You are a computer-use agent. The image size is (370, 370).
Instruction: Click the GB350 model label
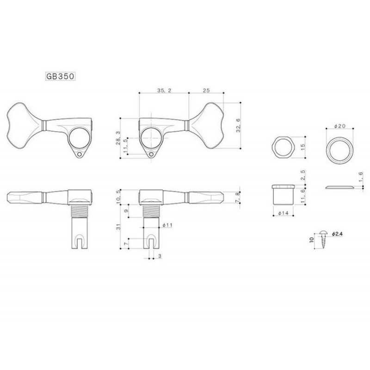coord(60,76)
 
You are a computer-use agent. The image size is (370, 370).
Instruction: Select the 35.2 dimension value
coord(164,90)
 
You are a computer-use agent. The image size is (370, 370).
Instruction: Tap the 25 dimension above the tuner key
coord(206,90)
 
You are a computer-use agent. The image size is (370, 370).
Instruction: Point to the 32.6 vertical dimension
coord(238,125)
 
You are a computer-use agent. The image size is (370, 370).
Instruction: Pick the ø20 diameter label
coord(340,126)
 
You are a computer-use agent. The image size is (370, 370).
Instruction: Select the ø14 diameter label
coord(283,213)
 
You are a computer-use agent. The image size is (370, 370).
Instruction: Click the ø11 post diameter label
coord(167,225)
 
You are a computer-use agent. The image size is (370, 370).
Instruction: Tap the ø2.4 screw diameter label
coord(337,234)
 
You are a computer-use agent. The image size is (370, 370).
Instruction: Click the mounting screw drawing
coord(323,240)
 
